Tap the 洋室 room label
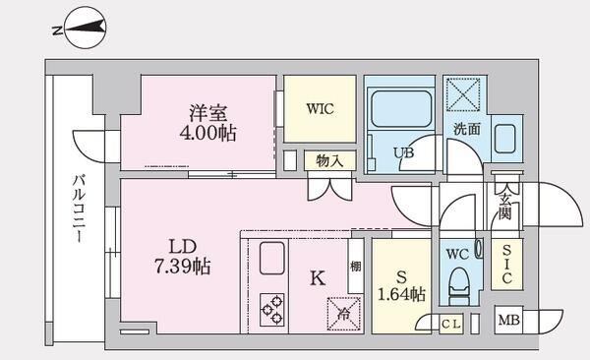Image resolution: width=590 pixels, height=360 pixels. coord(203,111)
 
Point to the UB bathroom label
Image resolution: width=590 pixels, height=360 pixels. coord(404,153)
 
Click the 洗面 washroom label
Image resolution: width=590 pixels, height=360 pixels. coord(466,128)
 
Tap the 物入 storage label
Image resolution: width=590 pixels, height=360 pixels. coord(329,160)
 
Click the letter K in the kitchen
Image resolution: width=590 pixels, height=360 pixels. coord(317,278)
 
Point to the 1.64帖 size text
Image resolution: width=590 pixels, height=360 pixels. coord(400,293)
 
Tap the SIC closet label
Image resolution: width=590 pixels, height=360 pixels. coord(505,265)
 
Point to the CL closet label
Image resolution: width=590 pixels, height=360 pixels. coord(451,322)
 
